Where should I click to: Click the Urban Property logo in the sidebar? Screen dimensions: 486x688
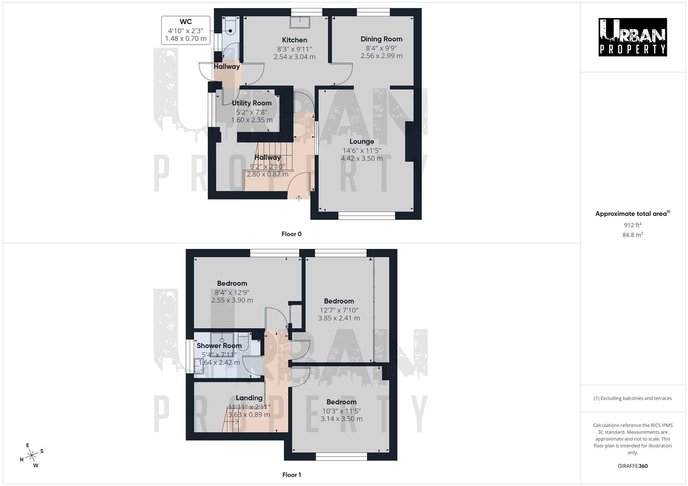click(633, 37)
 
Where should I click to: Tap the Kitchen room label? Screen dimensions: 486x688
click(295, 40)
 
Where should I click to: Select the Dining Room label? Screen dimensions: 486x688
click(381, 39)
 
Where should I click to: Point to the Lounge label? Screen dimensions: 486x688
click(362, 141)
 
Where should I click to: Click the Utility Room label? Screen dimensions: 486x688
click(251, 103)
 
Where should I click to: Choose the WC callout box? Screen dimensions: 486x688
click(186, 30)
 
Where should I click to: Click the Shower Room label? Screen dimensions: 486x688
click(219, 346)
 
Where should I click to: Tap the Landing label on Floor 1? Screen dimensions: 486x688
click(249, 398)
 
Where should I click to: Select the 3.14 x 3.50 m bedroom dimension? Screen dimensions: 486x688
click(342, 418)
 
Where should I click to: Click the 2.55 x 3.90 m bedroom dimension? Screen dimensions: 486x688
click(232, 300)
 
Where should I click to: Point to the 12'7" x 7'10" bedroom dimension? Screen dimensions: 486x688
click(339, 310)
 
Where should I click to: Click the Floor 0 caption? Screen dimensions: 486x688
click(292, 234)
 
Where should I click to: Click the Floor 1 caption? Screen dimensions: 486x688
click(292, 475)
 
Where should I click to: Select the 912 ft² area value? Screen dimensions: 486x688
click(633, 225)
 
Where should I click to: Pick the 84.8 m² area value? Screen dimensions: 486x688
click(633, 234)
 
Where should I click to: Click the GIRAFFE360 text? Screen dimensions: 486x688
click(633, 466)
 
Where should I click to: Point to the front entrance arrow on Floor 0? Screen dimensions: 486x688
click(299, 198)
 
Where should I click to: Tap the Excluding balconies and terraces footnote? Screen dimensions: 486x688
click(633, 398)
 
